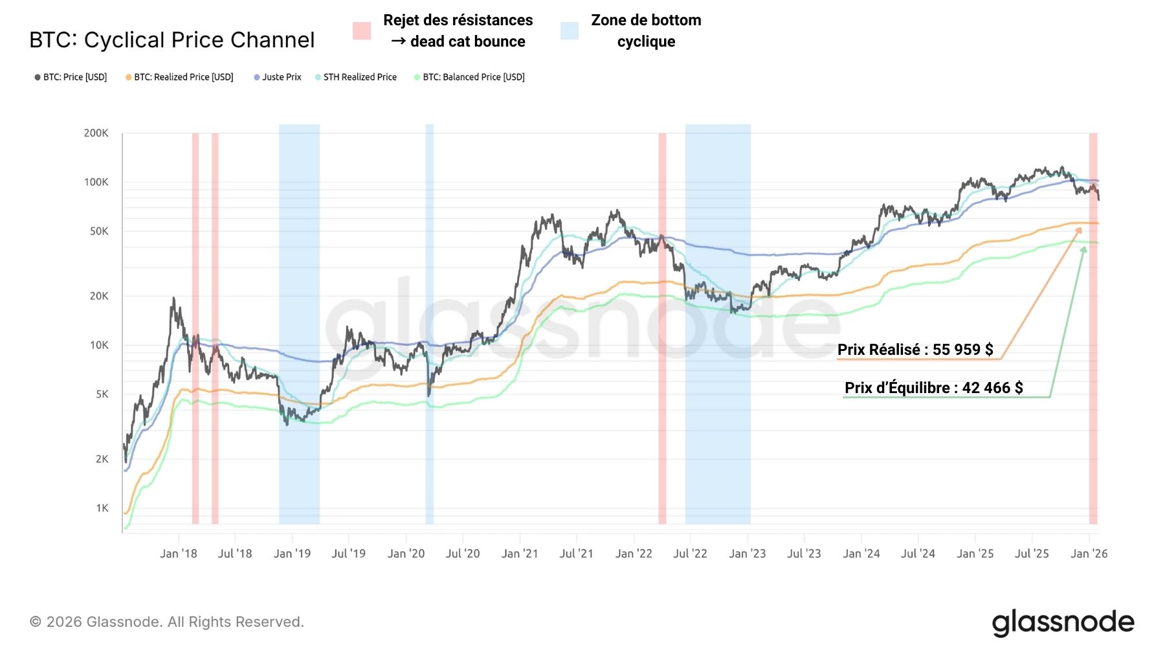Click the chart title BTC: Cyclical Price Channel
pos(172,40)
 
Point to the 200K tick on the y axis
pos(96,133)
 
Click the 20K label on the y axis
pos(99,296)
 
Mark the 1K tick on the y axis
pos(102,508)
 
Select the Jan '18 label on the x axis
pos(178,554)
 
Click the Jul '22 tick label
pos(690,554)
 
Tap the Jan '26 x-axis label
pos(1089,554)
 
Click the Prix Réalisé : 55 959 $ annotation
pos(915,350)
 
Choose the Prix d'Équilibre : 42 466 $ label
pos(933,388)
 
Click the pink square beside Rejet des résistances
pos(362,30)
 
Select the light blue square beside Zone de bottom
pos(570,30)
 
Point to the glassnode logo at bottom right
pos(1063,622)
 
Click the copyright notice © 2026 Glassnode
pos(167,622)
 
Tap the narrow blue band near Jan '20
pos(429,324)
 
